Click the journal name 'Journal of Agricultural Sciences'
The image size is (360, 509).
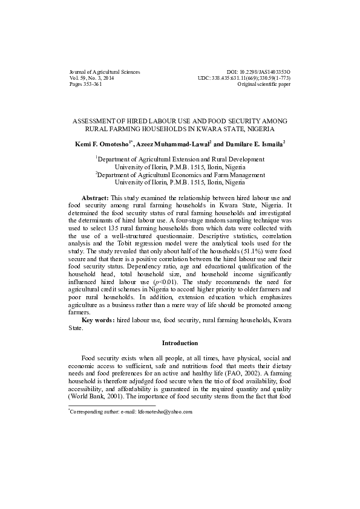[x=105, y=72]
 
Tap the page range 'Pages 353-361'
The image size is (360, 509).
[x=86, y=85]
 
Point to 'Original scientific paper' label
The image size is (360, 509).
[x=264, y=85]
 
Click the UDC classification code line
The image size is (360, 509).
[x=244, y=78]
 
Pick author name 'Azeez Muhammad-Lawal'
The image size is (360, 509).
[x=172, y=144]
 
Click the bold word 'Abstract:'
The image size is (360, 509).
[x=96, y=198]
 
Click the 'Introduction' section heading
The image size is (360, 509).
[x=180, y=342]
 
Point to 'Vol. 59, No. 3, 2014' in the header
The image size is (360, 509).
[x=92, y=78]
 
